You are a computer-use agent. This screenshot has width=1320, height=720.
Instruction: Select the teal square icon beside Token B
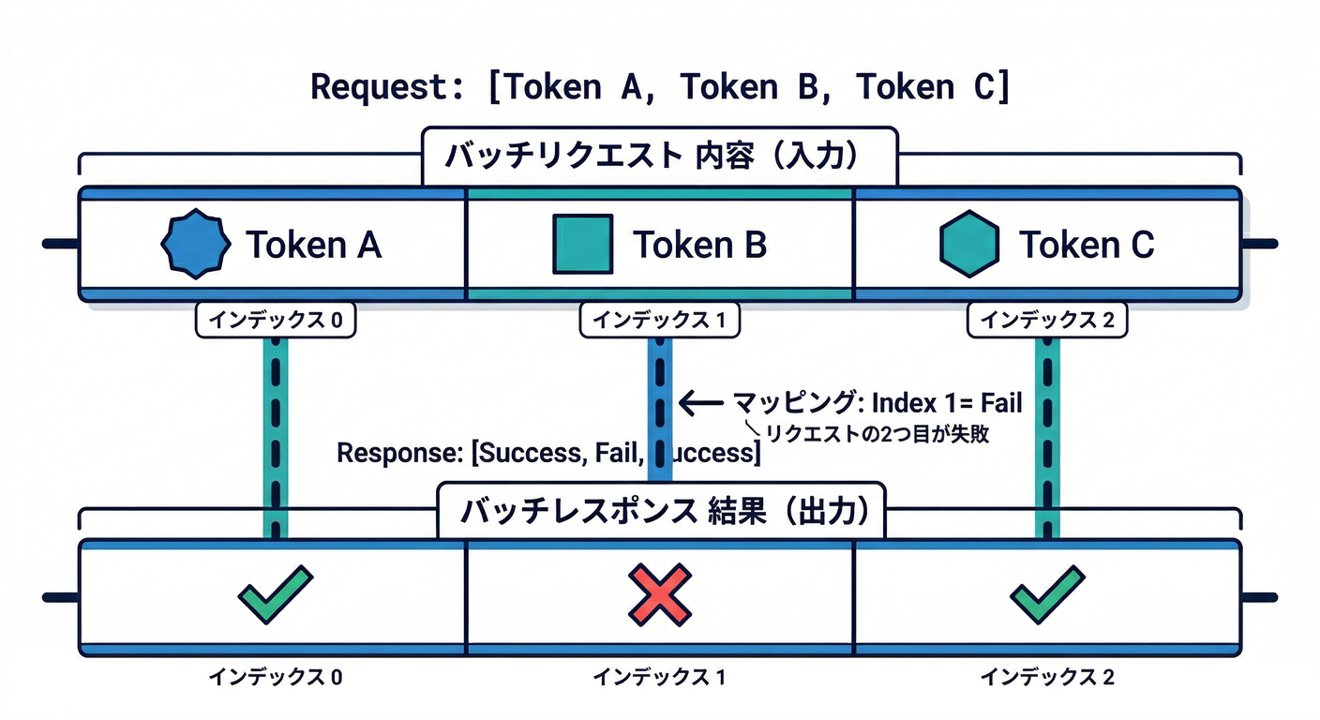[582, 244]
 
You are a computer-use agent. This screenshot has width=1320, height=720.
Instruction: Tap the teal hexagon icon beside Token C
[968, 244]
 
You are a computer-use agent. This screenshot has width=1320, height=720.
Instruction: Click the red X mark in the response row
[660, 594]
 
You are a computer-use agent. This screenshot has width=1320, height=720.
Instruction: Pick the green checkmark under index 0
[275, 594]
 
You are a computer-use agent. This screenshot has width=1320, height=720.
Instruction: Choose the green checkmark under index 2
[1047, 594]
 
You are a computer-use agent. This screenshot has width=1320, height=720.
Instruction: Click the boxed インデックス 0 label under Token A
[275, 321]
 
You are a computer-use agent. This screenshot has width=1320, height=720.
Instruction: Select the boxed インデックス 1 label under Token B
[660, 321]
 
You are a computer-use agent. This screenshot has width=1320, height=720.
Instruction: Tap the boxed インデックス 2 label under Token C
[1047, 321]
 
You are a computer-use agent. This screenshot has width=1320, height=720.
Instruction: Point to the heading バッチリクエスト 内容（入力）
[660, 156]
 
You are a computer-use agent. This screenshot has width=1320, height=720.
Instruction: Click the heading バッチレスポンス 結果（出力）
[660, 511]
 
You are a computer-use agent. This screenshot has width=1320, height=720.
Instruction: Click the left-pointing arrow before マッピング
[700, 404]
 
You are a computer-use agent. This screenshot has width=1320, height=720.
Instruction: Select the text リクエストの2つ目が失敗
[877, 434]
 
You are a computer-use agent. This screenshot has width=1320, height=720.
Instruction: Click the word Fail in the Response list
[616, 453]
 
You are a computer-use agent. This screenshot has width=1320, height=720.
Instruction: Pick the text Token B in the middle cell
[699, 245]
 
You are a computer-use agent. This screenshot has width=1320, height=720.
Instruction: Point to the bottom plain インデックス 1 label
[659, 676]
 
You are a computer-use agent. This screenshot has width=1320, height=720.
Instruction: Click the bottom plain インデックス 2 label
[1047, 676]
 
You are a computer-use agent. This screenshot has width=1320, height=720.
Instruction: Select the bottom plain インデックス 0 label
[275, 676]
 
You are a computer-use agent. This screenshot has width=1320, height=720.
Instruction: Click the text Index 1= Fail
[947, 404]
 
